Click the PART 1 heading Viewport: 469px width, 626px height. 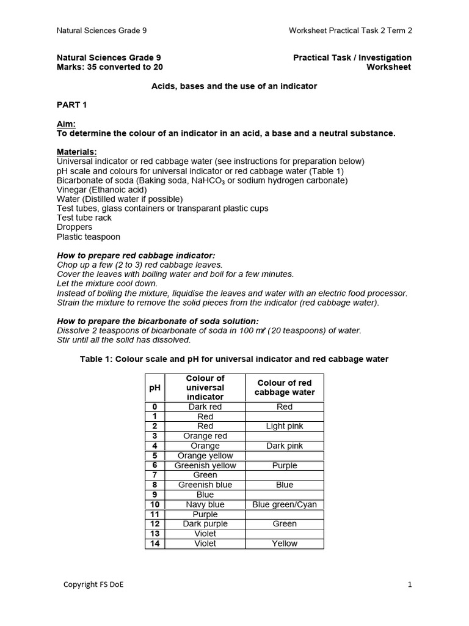[72, 105]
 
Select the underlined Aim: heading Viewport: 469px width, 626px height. [66, 123]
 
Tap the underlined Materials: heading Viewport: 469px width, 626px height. [77, 152]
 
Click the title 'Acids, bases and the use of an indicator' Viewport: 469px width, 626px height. [234, 86]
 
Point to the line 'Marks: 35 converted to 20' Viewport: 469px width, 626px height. [110, 67]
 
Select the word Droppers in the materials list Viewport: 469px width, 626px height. [75, 227]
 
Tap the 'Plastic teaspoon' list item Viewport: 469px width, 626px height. [89, 237]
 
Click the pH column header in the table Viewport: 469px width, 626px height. [155, 388]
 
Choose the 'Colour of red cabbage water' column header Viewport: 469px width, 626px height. [285, 388]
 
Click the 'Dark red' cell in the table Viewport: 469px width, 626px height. [205, 407]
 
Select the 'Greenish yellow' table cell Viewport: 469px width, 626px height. [205, 465]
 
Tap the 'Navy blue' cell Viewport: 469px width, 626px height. [205, 504]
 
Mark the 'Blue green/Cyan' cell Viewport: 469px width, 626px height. [285, 504]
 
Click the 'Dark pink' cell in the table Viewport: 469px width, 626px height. [285, 446]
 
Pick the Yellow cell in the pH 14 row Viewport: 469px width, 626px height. [285, 543]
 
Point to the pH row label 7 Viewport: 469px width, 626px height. [155, 475]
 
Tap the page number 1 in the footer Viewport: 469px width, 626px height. [410, 584]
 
